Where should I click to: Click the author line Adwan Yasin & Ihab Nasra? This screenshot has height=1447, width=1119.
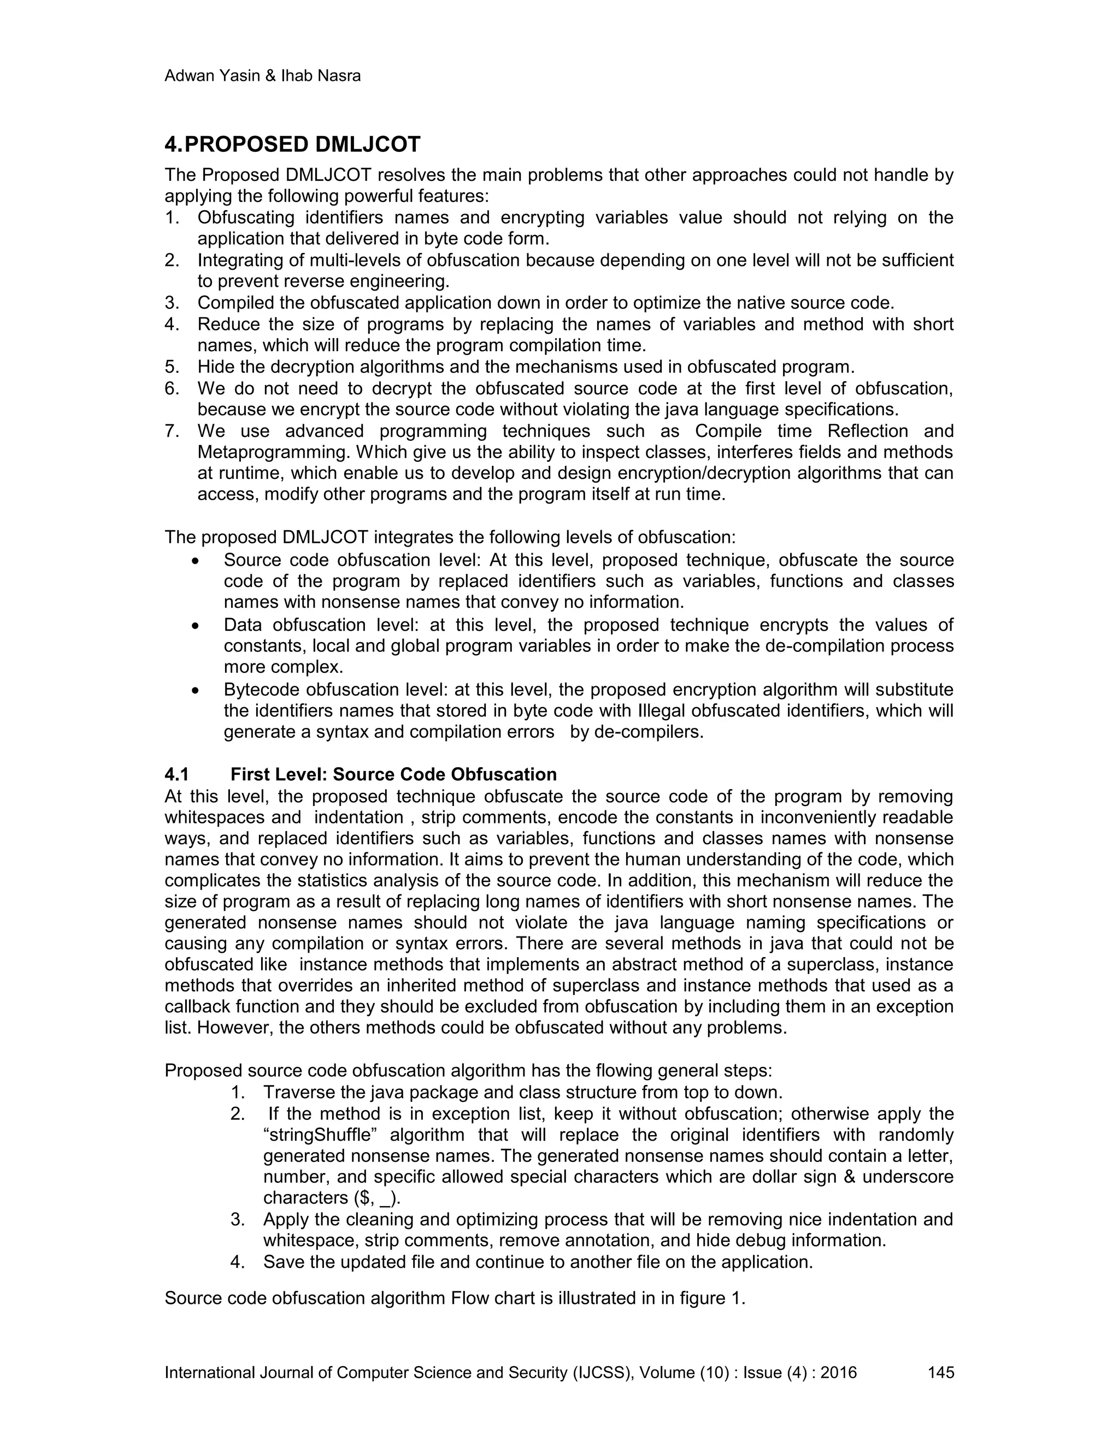[262, 76]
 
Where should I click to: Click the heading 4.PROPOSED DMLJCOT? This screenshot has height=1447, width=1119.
[292, 145]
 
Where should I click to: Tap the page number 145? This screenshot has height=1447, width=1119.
[941, 1372]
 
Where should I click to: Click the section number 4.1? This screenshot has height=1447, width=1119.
[177, 774]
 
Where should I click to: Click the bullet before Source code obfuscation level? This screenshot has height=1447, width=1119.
[194, 561]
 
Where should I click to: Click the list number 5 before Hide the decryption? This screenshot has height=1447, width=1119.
[171, 367]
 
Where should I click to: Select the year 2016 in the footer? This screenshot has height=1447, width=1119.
[839, 1372]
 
